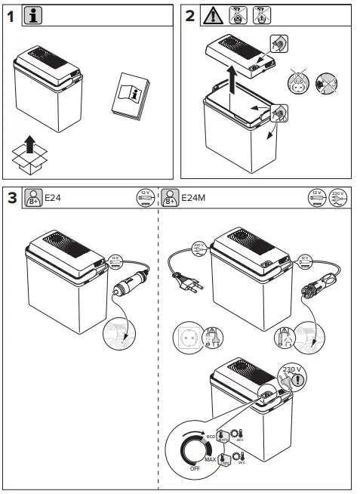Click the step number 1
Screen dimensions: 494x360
[x=11, y=14]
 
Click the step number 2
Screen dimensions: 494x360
[x=190, y=14]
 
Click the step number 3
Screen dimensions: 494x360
[x=11, y=198]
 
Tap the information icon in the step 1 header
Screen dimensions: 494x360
[x=32, y=14]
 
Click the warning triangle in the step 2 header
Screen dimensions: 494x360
[x=213, y=14]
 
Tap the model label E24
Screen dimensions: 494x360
[x=53, y=199]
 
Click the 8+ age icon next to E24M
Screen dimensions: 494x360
[x=171, y=199]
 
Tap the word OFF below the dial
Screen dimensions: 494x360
[x=195, y=468]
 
